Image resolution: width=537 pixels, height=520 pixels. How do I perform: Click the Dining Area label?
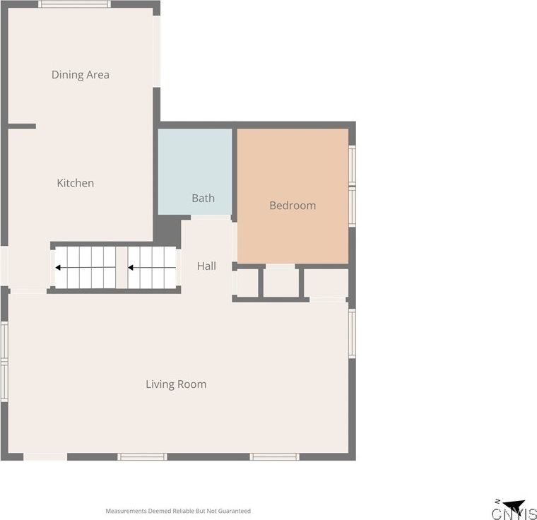tap(81, 75)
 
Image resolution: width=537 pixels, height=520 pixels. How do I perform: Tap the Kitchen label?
tap(76, 183)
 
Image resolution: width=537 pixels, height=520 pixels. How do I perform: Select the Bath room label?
tap(203, 198)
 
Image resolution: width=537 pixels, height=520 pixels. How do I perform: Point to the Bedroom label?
tap(293, 206)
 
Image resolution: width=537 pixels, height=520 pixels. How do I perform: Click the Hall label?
tap(206, 266)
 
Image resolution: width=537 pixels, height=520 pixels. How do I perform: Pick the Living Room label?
tap(176, 384)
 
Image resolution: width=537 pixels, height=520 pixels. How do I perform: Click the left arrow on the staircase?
tap(85, 268)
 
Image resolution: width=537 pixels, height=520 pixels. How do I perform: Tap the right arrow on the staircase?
tap(152, 268)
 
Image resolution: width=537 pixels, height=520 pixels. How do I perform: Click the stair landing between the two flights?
tap(122, 268)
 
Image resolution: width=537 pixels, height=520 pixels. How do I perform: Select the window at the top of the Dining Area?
tap(75, 4)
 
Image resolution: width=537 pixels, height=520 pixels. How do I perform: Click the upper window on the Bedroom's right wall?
tap(352, 165)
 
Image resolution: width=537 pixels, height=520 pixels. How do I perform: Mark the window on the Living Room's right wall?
tap(352, 333)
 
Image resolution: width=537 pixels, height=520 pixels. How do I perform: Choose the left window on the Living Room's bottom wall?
tap(142, 456)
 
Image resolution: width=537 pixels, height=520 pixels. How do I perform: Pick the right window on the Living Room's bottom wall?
tap(274, 456)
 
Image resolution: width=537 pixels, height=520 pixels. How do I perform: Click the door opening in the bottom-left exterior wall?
tap(45, 456)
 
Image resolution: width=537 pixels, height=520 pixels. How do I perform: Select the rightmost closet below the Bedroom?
tap(326, 283)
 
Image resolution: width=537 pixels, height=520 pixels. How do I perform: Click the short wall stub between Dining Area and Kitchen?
tap(22, 126)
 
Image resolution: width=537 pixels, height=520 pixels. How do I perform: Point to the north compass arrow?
tap(515, 505)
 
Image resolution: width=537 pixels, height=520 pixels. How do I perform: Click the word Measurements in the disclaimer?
tap(126, 511)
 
